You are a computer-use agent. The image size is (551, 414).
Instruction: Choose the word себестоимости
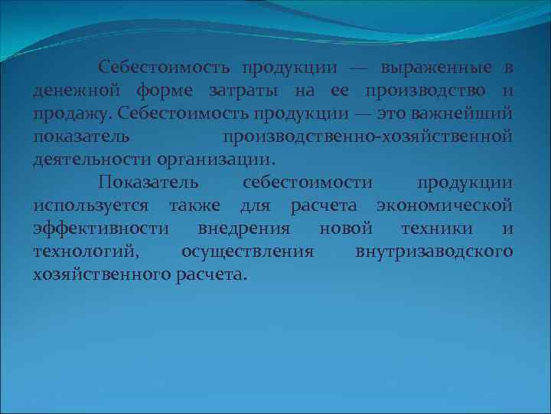pos(308,183)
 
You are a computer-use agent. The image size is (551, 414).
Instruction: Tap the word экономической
pos(445,206)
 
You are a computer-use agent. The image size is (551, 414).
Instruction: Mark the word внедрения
pos(243,229)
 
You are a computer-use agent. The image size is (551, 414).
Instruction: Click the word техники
pos(437,229)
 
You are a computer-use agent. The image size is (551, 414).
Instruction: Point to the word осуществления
pos(247,252)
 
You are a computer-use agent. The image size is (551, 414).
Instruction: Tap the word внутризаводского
pos(434,252)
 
